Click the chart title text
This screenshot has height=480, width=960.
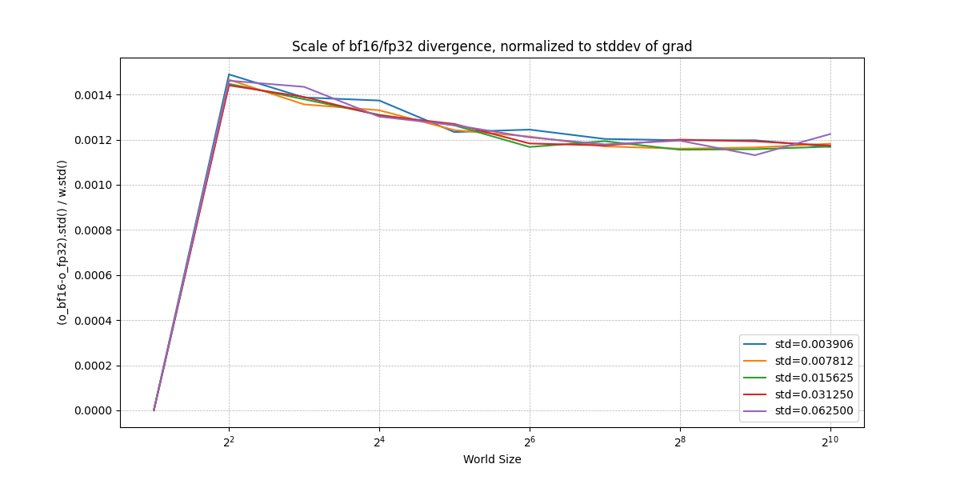(492, 46)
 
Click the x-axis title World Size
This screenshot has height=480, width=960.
(492, 459)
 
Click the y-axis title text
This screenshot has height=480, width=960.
(62, 242)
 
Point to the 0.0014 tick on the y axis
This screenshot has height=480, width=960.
(93, 95)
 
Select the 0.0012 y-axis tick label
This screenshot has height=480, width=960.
(93, 140)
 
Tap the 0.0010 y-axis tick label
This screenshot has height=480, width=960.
(93, 185)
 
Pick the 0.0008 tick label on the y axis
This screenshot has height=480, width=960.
(93, 230)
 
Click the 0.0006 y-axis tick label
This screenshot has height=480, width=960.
(93, 275)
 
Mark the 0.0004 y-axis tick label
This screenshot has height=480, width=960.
(93, 321)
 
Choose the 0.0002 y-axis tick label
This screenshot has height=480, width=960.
(93, 366)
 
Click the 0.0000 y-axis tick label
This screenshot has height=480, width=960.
(93, 410)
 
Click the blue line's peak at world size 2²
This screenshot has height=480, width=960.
(229, 74)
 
